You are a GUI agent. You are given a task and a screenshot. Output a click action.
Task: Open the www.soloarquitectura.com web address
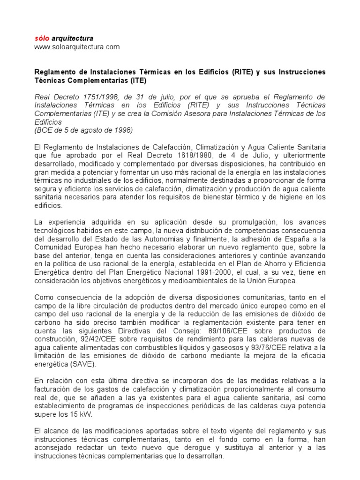pyautogui.click(x=77, y=47)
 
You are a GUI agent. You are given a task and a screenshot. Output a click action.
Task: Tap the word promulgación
pyautogui.click(x=255, y=222)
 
